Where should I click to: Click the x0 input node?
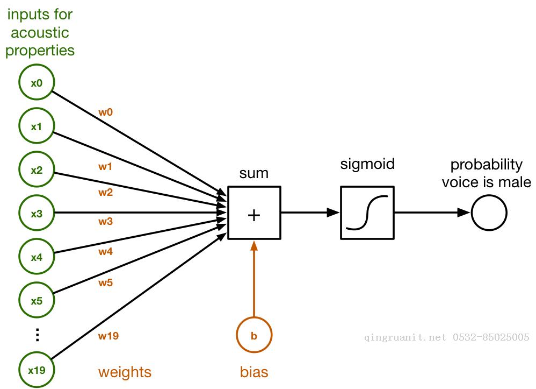(x=36, y=83)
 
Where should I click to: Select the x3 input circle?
(x=36, y=213)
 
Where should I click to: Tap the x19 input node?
(x=36, y=370)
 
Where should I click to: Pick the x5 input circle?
(x=36, y=300)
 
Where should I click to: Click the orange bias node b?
(x=254, y=336)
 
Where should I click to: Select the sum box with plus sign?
(x=254, y=213)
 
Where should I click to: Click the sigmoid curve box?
(x=367, y=213)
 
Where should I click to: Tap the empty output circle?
(x=489, y=213)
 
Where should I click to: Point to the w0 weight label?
(x=106, y=112)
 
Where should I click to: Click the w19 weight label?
(x=108, y=336)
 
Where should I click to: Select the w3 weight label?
(x=106, y=221)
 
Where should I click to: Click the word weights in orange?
(x=125, y=372)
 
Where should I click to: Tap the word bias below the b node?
(x=254, y=372)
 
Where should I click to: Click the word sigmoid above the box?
(x=367, y=164)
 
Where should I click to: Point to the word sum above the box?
(x=253, y=173)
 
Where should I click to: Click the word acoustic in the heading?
(x=40, y=33)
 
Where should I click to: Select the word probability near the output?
(x=486, y=164)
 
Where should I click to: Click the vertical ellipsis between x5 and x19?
(x=37, y=335)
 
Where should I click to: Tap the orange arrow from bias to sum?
(x=254, y=280)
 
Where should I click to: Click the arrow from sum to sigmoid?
(x=310, y=213)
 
